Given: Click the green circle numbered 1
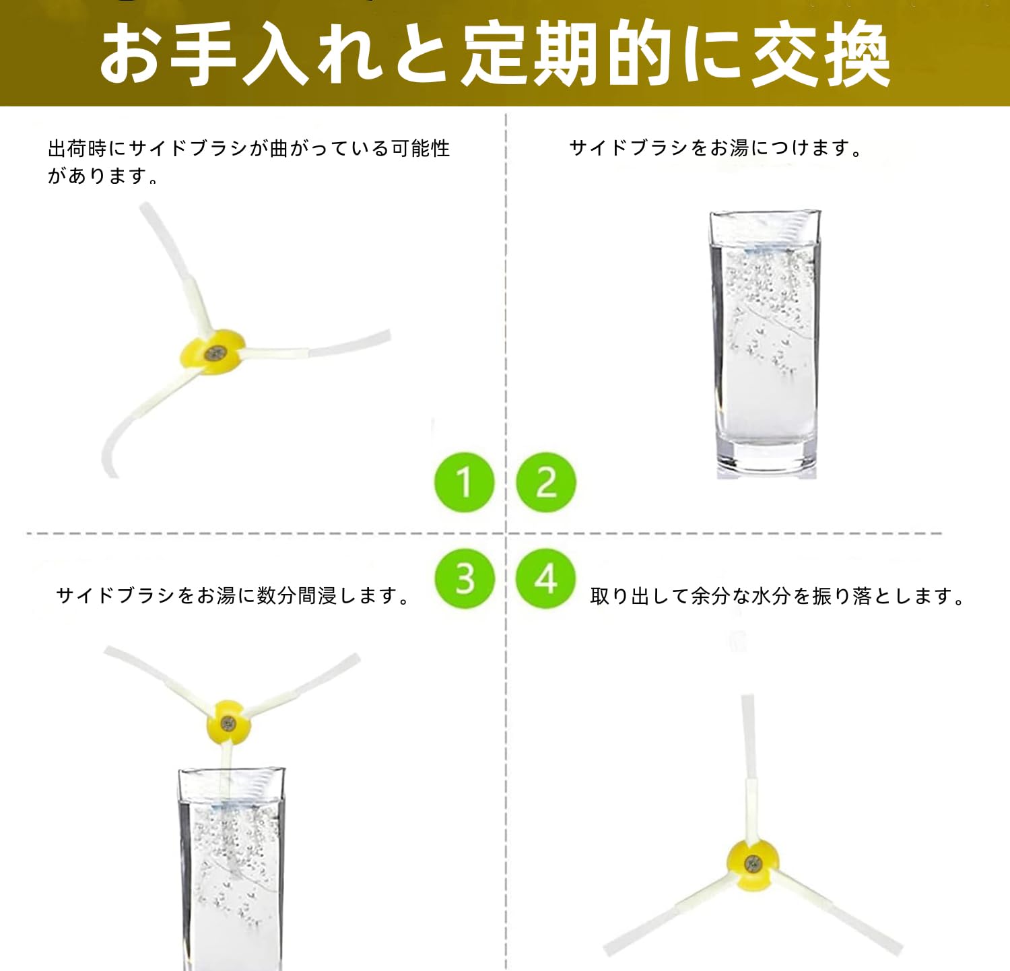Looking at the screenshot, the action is [x=465, y=482].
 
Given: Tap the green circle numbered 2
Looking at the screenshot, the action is [x=546, y=482].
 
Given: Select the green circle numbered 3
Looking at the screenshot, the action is [x=465, y=578].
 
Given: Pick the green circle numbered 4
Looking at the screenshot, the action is [x=546, y=578].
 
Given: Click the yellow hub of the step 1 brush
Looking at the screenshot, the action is [x=213, y=351].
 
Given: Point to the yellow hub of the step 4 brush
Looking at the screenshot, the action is [x=753, y=864].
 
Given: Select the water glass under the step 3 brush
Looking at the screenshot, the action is [x=231, y=869].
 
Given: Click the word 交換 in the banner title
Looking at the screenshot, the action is [x=821, y=54].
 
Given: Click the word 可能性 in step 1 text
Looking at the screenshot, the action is [x=420, y=148].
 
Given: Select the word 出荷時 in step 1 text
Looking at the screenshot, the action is [x=77, y=148].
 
